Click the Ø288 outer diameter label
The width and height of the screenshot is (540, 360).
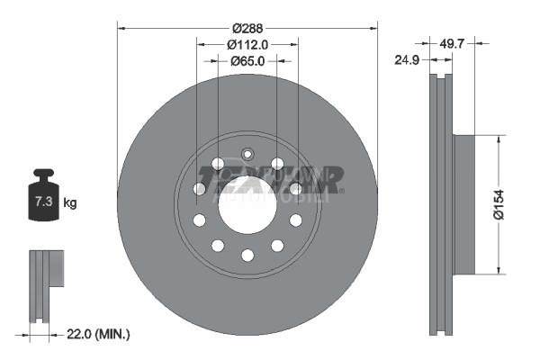[x=247, y=28]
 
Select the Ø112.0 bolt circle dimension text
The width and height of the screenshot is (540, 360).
[x=247, y=44]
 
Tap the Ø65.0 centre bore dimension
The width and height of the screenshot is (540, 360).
[x=247, y=61]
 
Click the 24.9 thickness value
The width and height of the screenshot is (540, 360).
[x=408, y=61]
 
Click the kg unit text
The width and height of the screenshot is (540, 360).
[x=70, y=202]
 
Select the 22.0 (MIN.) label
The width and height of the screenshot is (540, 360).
[x=100, y=334]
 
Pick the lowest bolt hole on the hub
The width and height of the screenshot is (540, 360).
[x=247, y=256]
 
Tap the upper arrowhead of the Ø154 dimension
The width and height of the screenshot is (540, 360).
[x=498, y=139]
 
